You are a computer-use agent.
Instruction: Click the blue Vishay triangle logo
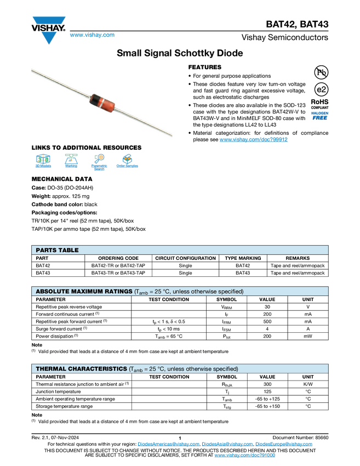tap(49, 37)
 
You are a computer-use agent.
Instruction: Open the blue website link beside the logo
tap(92, 35)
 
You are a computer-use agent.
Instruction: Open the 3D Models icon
tap(43, 162)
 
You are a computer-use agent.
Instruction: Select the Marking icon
tap(71, 162)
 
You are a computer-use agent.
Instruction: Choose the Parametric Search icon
tap(99, 162)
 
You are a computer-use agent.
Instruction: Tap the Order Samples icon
tap(127, 162)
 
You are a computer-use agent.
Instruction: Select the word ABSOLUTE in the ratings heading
tap(54, 291)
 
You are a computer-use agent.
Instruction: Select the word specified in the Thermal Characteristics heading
tap(224, 369)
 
